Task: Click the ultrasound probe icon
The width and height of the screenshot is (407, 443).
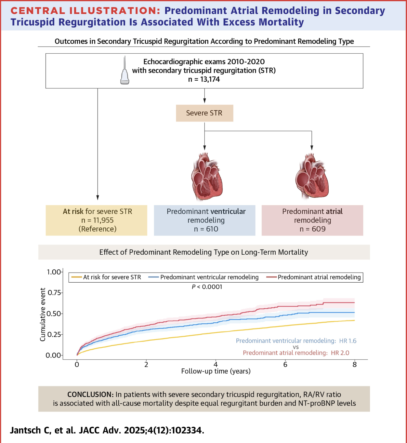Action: click(125, 71)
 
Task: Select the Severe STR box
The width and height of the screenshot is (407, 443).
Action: click(204, 113)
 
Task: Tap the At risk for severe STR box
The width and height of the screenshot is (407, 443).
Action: click(97, 220)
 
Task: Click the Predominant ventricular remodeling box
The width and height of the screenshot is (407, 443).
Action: click(205, 220)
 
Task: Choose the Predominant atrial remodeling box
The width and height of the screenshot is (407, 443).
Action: click(312, 220)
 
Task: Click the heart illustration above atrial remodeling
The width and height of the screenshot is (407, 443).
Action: click(312, 177)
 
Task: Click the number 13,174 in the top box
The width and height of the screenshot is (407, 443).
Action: click(210, 79)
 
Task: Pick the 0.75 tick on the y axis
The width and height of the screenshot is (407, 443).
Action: click(55, 293)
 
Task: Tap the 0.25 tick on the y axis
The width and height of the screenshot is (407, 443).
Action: click(55, 334)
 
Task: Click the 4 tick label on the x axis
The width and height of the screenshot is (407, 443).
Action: click(216, 365)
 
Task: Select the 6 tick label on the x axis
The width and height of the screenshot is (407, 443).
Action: click(285, 365)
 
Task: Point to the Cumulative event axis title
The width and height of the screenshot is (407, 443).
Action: click(43, 315)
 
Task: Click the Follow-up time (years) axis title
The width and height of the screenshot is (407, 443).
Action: click(216, 371)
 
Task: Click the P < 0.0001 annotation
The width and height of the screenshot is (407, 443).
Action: click(207, 287)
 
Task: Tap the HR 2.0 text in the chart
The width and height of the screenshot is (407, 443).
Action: click(340, 353)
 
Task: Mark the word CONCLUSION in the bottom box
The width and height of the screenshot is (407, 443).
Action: click(90, 395)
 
